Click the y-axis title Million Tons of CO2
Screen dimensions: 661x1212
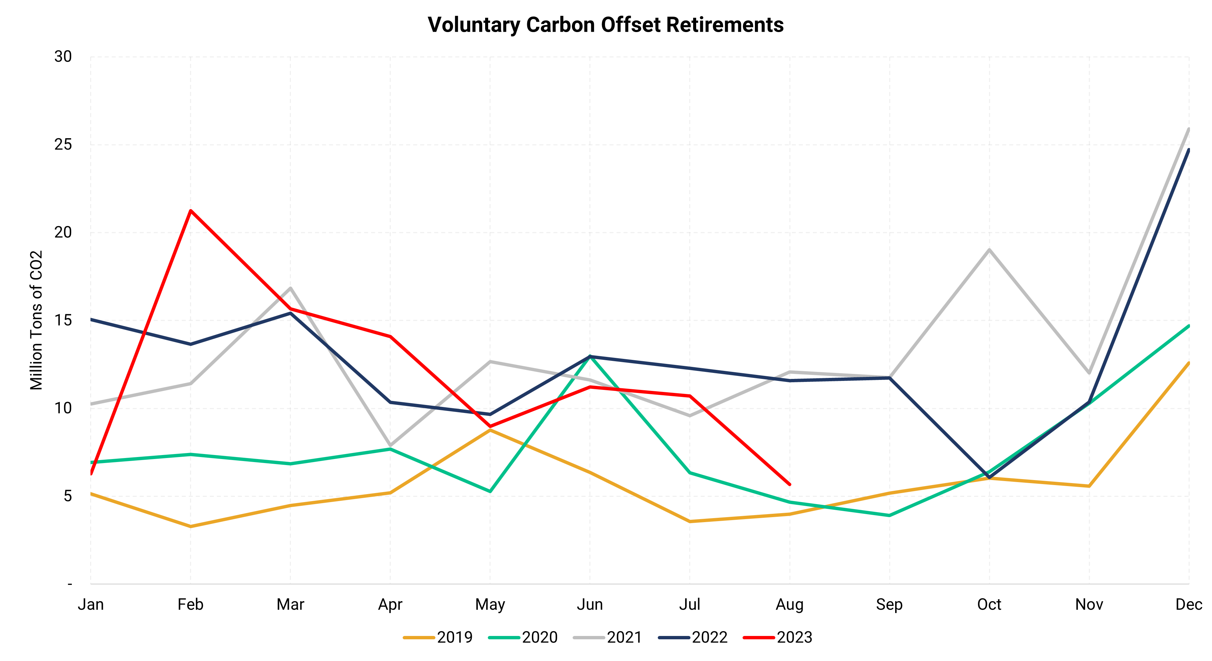click(x=36, y=320)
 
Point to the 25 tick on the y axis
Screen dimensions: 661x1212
click(x=63, y=145)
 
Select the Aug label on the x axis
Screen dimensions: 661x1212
click(x=790, y=604)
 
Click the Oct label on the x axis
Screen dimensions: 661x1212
click(x=989, y=604)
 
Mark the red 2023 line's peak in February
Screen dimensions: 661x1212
click(x=191, y=210)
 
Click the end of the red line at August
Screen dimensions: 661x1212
click(x=790, y=484)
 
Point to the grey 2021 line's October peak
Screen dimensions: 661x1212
click(x=989, y=249)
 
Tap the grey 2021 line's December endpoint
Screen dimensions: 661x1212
click(x=1189, y=129)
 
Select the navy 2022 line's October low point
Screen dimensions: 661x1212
click(x=989, y=477)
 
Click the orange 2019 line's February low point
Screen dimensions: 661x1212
click(x=191, y=526)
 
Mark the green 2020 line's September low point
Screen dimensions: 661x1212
click(x=889, y=516)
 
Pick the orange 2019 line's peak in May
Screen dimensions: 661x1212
click(x=490, y=430)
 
